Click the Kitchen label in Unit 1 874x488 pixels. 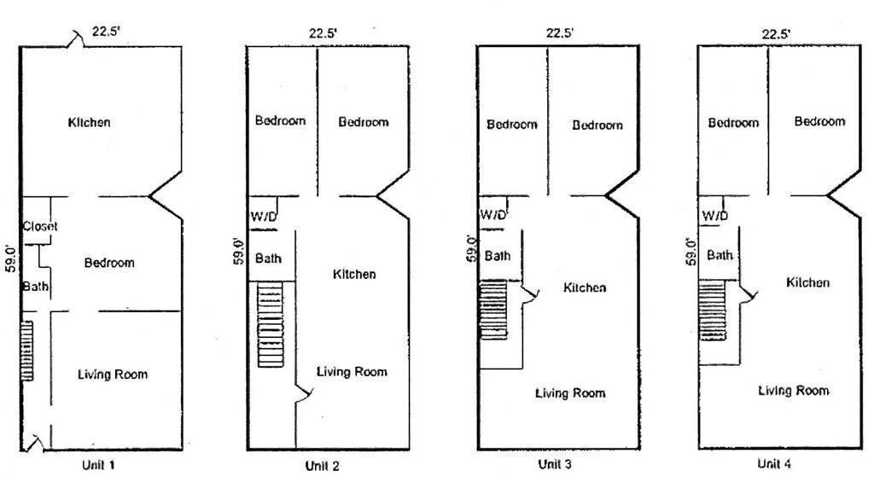tap(89, 122)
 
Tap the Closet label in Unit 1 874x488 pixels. tap(40, 226)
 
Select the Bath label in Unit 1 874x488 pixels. tap(35, 286)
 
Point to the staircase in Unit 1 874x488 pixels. tap(26, 351)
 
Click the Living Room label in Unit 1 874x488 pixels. tap(113, 374)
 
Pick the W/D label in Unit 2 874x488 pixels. tap(264, 216)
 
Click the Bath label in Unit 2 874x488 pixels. tap(269, 258)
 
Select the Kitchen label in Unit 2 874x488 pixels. tap(353, 274)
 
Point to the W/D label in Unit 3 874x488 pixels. tap(494, 214)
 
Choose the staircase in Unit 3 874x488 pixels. tap(493, 310)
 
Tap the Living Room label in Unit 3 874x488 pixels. tap(570, 392)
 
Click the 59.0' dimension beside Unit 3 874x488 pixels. tap(470, 247)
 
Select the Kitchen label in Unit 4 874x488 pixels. tap(807, 282)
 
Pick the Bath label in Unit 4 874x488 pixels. tap(720, 254)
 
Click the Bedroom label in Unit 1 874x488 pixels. tap(109, 262)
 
